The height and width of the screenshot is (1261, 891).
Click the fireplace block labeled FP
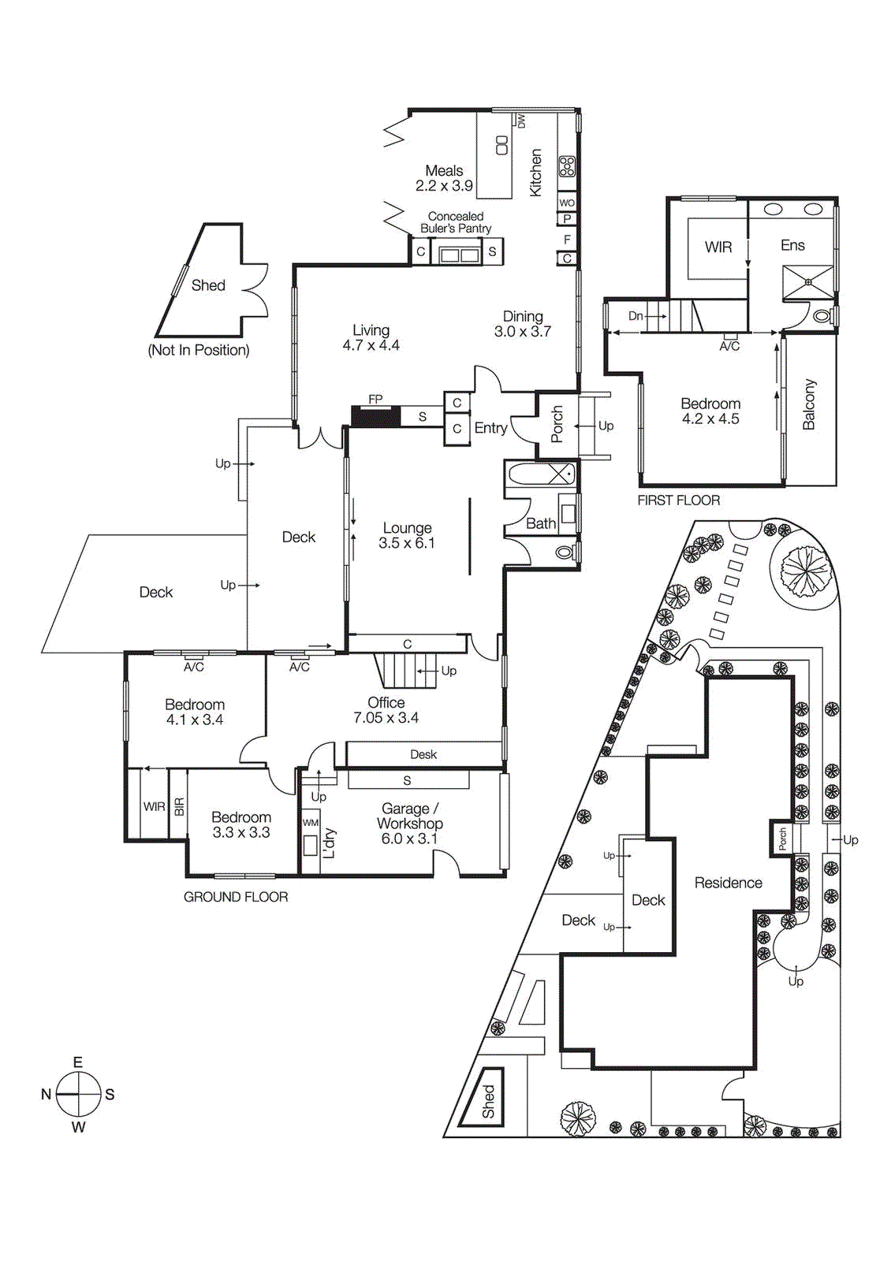[375, 415]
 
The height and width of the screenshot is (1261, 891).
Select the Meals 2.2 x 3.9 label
[444, 178]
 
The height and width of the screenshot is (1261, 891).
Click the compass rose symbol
[78, 1094]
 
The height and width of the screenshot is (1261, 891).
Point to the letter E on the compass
[78, 1062]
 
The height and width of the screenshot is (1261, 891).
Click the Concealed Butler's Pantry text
[456, 222]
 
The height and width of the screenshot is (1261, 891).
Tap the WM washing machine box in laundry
[311, 822]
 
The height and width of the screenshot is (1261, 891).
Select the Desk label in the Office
[423, 754]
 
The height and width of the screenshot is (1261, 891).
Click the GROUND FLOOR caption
[236, 897]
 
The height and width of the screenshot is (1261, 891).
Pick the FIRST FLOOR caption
[678, 500]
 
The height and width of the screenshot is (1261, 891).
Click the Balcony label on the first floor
[809, 404]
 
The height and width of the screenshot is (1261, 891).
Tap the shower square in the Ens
[807, 283]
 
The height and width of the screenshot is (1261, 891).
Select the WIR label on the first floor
[718, 247]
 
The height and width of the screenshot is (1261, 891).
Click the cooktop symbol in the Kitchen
[567, 166]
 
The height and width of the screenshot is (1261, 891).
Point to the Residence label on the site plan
[728, 883]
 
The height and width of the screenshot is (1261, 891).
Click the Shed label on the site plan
[489, 1101]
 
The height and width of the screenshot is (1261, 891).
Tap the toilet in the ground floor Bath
[565, 552]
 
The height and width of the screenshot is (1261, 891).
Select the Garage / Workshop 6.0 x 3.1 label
[409, 824]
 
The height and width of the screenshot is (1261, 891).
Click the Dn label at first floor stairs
[636, 316]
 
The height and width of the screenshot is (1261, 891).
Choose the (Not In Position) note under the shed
[199, 350]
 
